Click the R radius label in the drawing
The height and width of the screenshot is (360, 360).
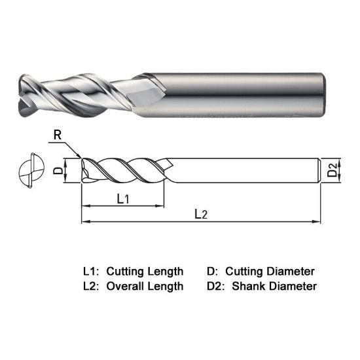pos(58,136)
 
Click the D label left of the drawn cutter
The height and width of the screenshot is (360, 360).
pos(57,172)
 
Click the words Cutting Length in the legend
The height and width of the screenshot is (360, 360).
pos(145,271)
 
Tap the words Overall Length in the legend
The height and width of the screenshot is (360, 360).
pos(145,286)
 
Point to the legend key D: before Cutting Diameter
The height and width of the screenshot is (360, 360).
pos(212,271)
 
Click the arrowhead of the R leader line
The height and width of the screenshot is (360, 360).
pos(79,156)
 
